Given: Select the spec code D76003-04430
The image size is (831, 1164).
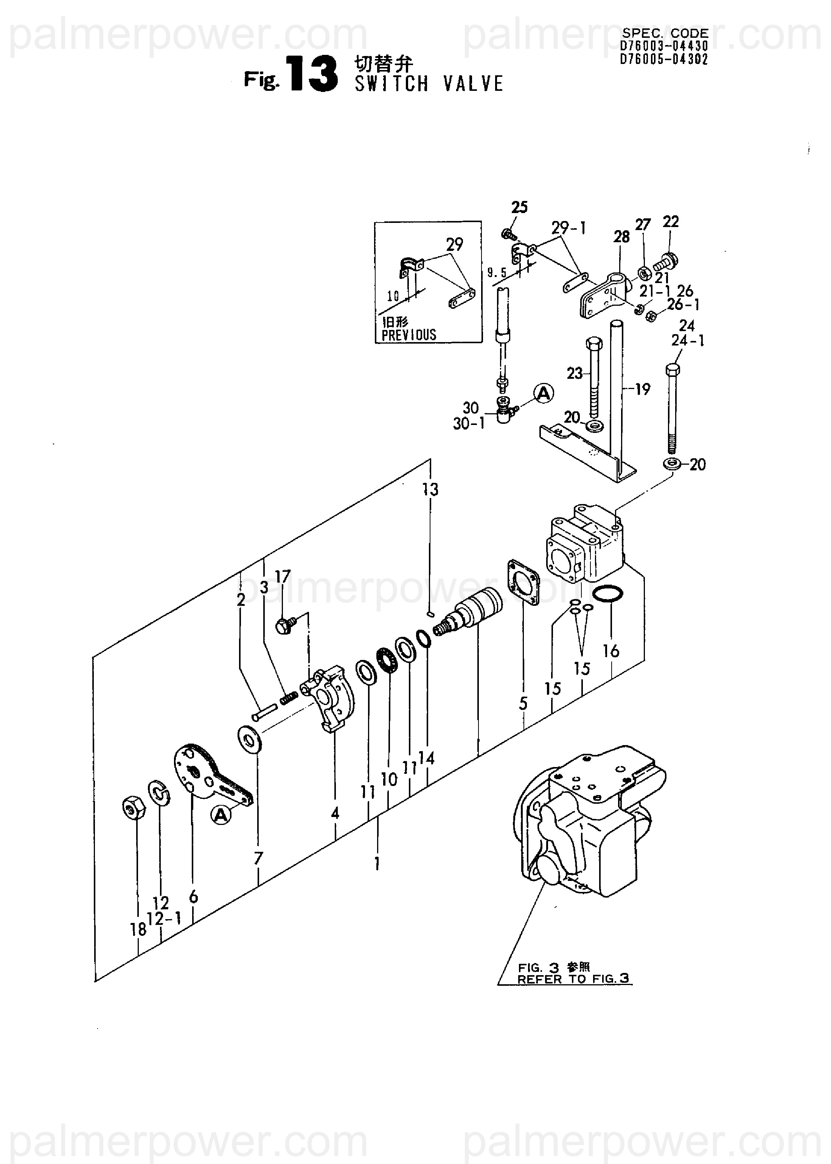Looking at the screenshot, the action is click(x=664, y=47).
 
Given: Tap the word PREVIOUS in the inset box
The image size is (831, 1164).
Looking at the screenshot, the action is click(x=409, y=335).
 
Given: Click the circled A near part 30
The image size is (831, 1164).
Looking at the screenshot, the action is click(x=544, y=393).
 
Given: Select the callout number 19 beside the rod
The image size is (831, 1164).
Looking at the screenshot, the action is click(x=642, y=389).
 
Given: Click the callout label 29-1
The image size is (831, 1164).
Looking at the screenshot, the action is click(x=568, y=228).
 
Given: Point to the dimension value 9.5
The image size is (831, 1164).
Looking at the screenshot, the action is click(x=497, y=273).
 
